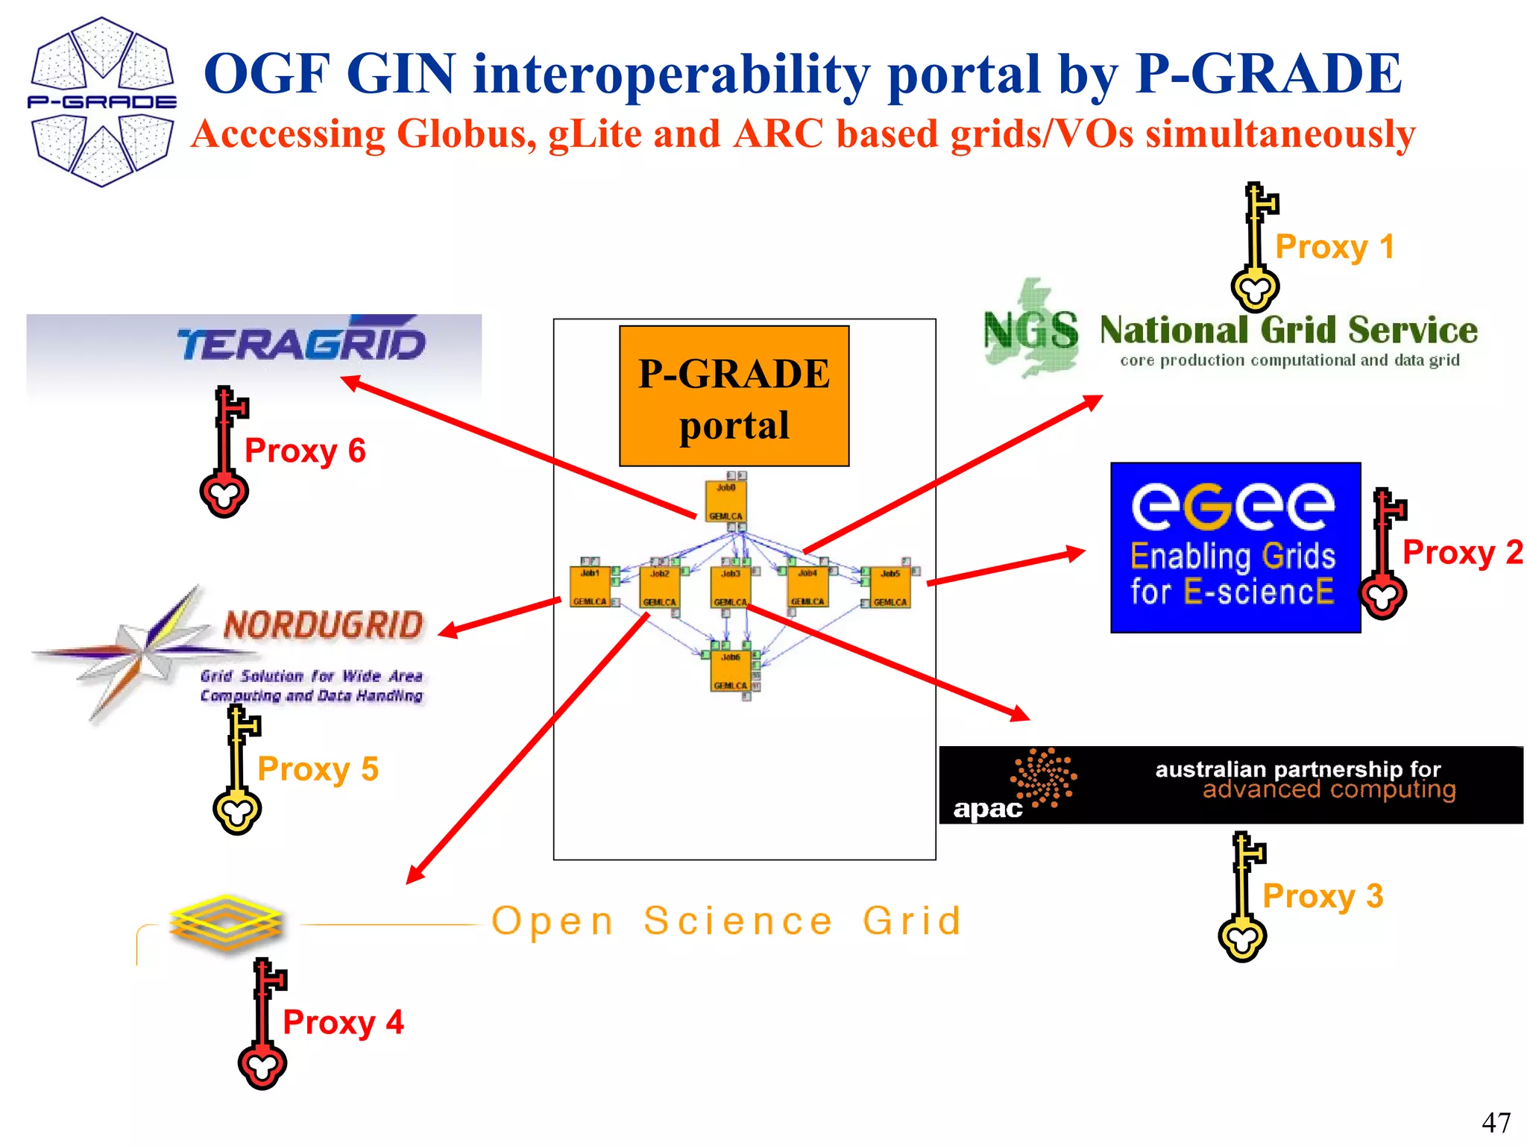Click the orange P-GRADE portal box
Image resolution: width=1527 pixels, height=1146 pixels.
tap(734, 396)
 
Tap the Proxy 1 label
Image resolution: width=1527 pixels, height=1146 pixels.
tap(1334, 247)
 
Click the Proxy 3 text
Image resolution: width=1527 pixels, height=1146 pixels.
tap(1322, 896)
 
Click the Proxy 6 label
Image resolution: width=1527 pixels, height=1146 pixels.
tap(305, 451)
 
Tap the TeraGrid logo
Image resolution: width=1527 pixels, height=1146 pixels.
tap(300, 344)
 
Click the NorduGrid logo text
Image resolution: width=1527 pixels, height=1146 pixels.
tap(323, 625)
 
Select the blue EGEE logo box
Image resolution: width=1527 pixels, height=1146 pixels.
tap(1235, 547)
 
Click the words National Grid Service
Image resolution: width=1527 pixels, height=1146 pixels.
tap(1288, 330)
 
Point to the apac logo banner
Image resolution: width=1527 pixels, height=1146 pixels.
tap(1230, 785)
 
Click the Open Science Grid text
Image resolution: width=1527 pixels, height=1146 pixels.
tap(727, 921)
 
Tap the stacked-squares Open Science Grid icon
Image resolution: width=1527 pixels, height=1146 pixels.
tap(226, 923)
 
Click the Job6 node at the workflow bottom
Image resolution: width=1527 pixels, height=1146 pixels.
tap(730, 670)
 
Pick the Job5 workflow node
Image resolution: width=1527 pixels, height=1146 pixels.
tap(890, 587)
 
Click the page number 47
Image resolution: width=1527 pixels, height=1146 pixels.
tap(1495, 1122)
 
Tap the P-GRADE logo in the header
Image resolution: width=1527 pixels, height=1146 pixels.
tap(102, 102)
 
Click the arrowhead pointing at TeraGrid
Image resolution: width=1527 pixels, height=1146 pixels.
tap(350, 382)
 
